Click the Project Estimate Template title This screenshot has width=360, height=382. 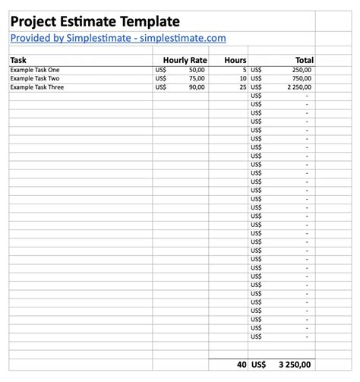95,22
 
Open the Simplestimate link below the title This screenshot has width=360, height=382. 118,38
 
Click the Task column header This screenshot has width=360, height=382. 18,60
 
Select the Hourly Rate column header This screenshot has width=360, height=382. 184,60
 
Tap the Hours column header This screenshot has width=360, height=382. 236,60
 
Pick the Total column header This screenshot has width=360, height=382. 304,60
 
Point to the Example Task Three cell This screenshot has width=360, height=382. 37,87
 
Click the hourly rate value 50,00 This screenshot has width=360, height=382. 197,70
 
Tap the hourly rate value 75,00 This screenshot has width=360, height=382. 197,78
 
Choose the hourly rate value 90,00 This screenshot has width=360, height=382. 197,87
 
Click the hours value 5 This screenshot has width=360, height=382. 244,70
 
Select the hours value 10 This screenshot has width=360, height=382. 242,78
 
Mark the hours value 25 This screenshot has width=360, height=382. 242,87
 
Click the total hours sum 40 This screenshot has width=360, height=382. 241,365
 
